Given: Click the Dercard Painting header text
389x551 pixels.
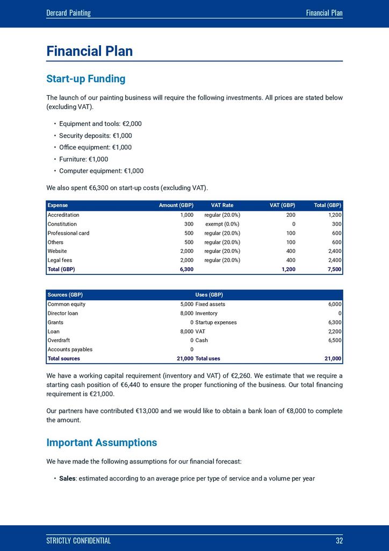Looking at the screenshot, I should pyautogui.click(x=68, y=13).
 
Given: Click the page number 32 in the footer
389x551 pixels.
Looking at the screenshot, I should pyautogui.click(x=338, y=541).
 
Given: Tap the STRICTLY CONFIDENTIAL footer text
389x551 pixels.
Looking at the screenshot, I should pyautogui.click(x=78, y=541).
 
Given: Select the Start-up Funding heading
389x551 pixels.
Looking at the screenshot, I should pyautogui.click(x=86, y=79).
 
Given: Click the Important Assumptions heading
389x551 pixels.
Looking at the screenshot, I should pyautogui.click(x=102, y=443).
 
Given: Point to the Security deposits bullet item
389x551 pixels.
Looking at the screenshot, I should pyautogui.click(x=95, y=136).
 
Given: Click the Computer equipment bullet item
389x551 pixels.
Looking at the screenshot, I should pyautogui.click(x=101, y=171).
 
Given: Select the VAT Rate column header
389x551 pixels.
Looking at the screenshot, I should pyautogui.click(x=222, y=206).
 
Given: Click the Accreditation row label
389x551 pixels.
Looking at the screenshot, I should pyautogui.click(x=63, y=215).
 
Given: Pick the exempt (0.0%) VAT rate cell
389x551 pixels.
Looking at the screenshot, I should pyautogui.click(x=222, y=224).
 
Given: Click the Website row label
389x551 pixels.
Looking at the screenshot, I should pyautogui.click(x=57, y=251).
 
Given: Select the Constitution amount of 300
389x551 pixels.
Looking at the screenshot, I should pyautogui.click(x=189, y=224).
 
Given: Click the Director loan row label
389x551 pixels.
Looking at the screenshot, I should pyautogui.click(x=63, y=313).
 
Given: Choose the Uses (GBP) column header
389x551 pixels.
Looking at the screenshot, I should pyautogui.click(x=209, y=295).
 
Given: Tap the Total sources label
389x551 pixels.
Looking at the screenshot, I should pyautogui.click(x=63, y=358).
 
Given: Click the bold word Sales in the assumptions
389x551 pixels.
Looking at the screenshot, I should pyautogui.click(x=67, y=478).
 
